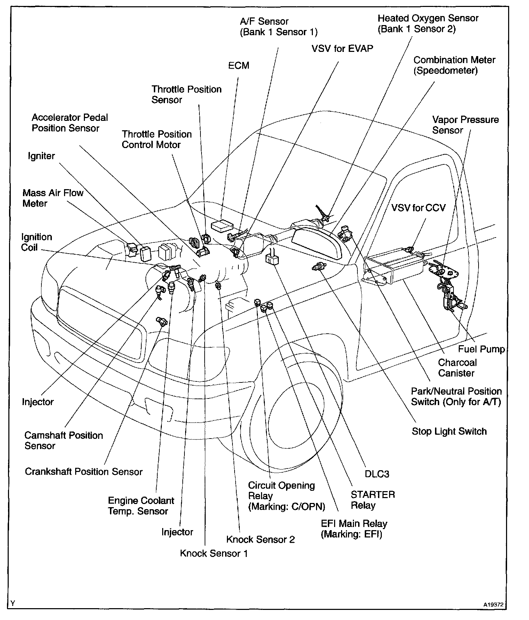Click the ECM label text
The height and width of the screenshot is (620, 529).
click(239, 65)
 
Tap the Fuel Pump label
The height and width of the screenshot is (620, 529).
click(481, 349)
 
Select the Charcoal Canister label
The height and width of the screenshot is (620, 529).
click(457, 368)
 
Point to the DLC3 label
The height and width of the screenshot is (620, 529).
click(377, 474)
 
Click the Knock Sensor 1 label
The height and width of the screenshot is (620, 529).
click(214, 553)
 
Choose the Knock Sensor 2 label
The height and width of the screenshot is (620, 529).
click(260, 540)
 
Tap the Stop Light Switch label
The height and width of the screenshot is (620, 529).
click(449, 431)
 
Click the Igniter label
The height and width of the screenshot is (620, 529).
click(41, 156)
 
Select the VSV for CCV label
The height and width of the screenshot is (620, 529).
click(418, 208)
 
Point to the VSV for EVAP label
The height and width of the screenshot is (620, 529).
click(342, 48)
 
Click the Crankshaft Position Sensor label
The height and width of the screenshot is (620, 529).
click(84, 472)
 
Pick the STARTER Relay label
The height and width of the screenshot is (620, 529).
click(372, 500)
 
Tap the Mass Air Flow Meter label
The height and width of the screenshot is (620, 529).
click(53, 198)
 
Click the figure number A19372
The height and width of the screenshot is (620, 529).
click(493, 605)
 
